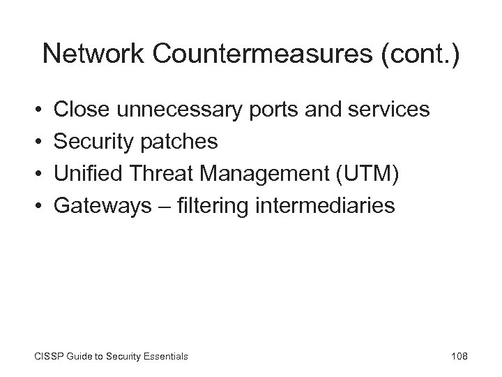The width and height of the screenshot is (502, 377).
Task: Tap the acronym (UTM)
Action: [369, 174]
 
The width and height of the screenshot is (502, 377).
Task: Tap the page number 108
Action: [459, 356]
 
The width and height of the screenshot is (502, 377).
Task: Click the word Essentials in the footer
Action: [163, 357]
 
